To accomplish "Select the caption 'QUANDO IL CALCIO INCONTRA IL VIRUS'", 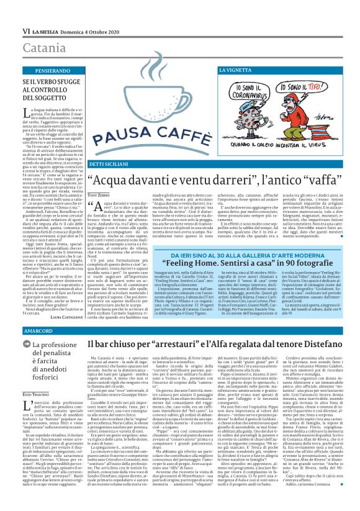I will (292, 133).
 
